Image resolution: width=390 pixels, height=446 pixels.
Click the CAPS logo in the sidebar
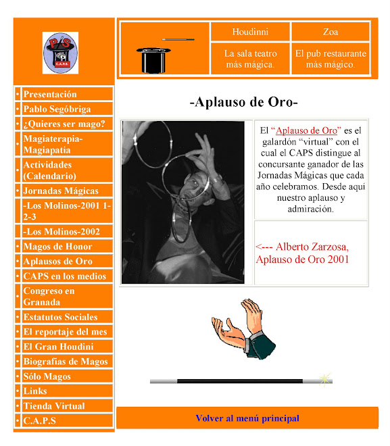pos(60,53)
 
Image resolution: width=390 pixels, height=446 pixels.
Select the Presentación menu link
pos(50,95)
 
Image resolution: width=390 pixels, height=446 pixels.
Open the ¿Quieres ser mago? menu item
pos(64,124)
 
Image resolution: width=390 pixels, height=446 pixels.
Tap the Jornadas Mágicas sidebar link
pos(61,191)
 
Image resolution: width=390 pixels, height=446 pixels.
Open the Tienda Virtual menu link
pos(54,406)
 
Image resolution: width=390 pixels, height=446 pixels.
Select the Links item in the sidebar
pos(35,391)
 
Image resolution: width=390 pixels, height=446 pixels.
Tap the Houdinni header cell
pos(250,32)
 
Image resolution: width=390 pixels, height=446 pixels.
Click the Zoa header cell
pos(331,32)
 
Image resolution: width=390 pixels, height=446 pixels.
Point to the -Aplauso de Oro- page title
pos(243,103)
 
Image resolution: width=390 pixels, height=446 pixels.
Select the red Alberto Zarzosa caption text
pos(302,253)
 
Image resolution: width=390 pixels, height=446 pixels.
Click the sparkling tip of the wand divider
pos(326,378)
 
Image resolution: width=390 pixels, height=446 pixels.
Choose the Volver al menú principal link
pos(247,418)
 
